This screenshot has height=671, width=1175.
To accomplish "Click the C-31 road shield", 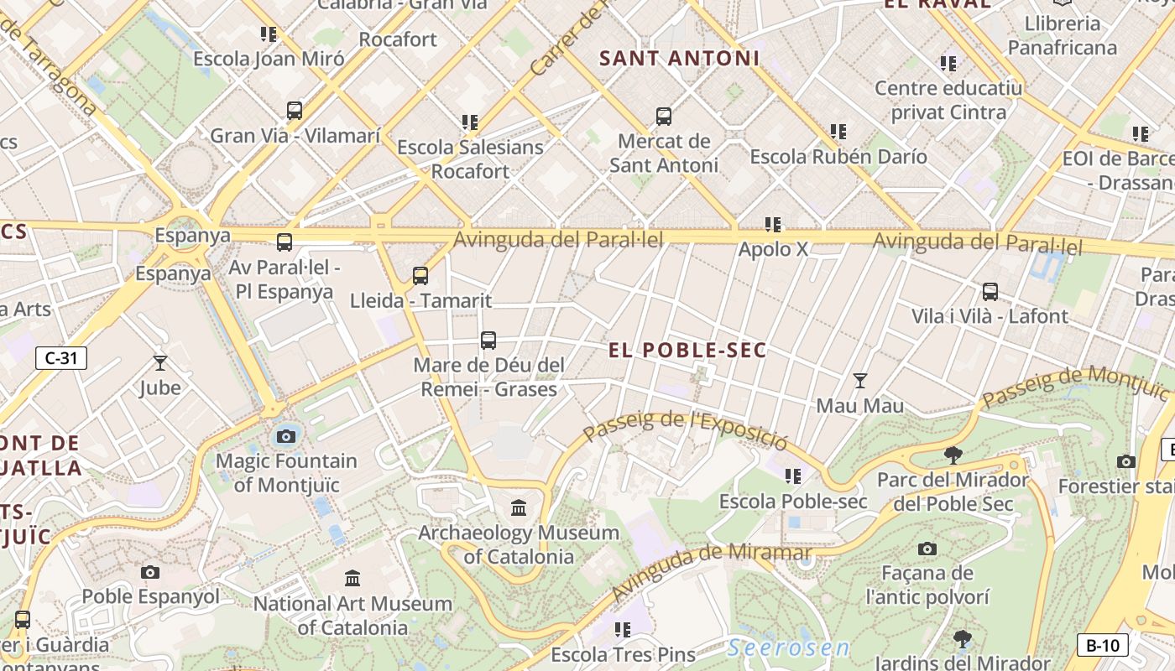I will [60, 358].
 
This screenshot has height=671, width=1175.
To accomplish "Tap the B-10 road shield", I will [1102, 645].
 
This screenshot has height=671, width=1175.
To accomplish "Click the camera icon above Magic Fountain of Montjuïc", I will [286, 436].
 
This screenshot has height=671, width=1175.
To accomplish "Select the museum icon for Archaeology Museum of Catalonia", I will [519, 507].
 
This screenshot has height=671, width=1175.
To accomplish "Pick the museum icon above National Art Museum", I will [352, 578].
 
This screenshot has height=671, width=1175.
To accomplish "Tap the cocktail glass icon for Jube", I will [159, 362].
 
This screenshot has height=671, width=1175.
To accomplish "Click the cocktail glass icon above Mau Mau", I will [859, 381].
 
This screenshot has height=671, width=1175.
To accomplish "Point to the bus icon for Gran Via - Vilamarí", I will [294, 111].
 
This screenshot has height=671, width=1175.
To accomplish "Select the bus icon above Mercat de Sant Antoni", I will [663, 117].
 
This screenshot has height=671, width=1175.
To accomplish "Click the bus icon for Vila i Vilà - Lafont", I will [990, 292].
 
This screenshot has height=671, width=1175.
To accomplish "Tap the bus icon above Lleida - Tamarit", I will [420, 275].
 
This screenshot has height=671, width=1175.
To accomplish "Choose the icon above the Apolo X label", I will [772, 224].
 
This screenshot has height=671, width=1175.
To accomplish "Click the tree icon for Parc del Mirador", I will [952, 455].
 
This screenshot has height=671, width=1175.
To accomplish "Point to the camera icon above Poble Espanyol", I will [150, 572].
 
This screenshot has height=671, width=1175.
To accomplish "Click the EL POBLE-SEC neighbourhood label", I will [687, 351].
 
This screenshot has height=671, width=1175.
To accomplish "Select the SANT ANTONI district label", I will [679, 59].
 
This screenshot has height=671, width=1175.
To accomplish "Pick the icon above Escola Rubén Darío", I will [838, 132].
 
